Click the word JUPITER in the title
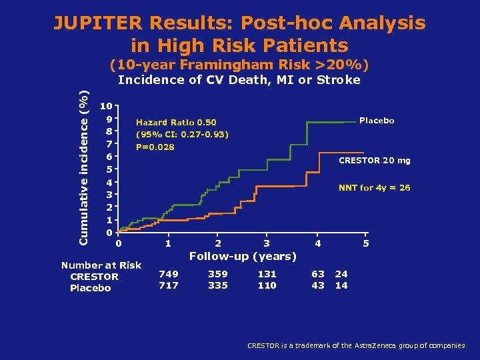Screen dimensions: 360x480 (x=98, y=23)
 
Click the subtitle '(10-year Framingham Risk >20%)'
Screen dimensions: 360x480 (x=239, y=65)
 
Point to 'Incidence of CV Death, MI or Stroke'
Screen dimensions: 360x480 (x=239, y=80)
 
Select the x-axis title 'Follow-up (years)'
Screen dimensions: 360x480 (x=243, y=256)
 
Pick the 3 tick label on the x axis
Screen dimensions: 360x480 (x=267, y=244)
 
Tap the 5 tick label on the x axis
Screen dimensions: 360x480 (x=365, y=244)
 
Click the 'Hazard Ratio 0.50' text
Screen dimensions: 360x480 (x=176, y=123)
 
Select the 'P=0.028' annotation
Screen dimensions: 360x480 (x=155, y=147)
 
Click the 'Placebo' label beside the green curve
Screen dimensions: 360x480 (x=377, y=121)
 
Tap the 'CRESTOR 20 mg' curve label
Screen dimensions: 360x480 (x=375, y=160)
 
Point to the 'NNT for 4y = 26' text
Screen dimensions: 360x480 (x=374, y=187)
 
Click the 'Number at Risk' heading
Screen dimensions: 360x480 (x=101, y=265)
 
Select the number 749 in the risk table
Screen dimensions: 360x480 (x=169, y=274)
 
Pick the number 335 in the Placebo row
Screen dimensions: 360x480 (x=218, y=285)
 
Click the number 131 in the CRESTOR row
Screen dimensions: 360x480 (x=267, y=274)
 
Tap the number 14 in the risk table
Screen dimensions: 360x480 (x=341, y=285)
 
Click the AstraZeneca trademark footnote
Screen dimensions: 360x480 (x=356, y=345)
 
